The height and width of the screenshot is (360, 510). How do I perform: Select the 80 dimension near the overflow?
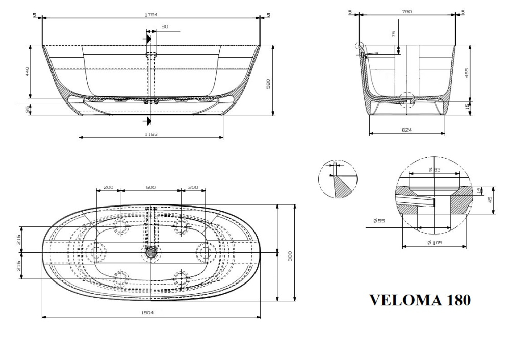point(165,26)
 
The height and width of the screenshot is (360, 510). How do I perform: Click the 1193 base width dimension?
point(151,134)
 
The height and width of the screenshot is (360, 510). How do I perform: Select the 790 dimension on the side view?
point(406,11)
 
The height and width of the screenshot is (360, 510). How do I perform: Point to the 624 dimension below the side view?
point(406,130)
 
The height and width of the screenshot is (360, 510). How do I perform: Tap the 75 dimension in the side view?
point(393,35)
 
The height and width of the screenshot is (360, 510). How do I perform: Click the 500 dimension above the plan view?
point(150,187)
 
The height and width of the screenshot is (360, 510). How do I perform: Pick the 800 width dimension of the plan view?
point(290,256)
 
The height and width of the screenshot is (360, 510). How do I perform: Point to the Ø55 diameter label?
point(378,221)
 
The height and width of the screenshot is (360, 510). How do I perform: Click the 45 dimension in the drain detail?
point(491,199)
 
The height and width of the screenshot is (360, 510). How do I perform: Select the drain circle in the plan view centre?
point(150,252)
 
